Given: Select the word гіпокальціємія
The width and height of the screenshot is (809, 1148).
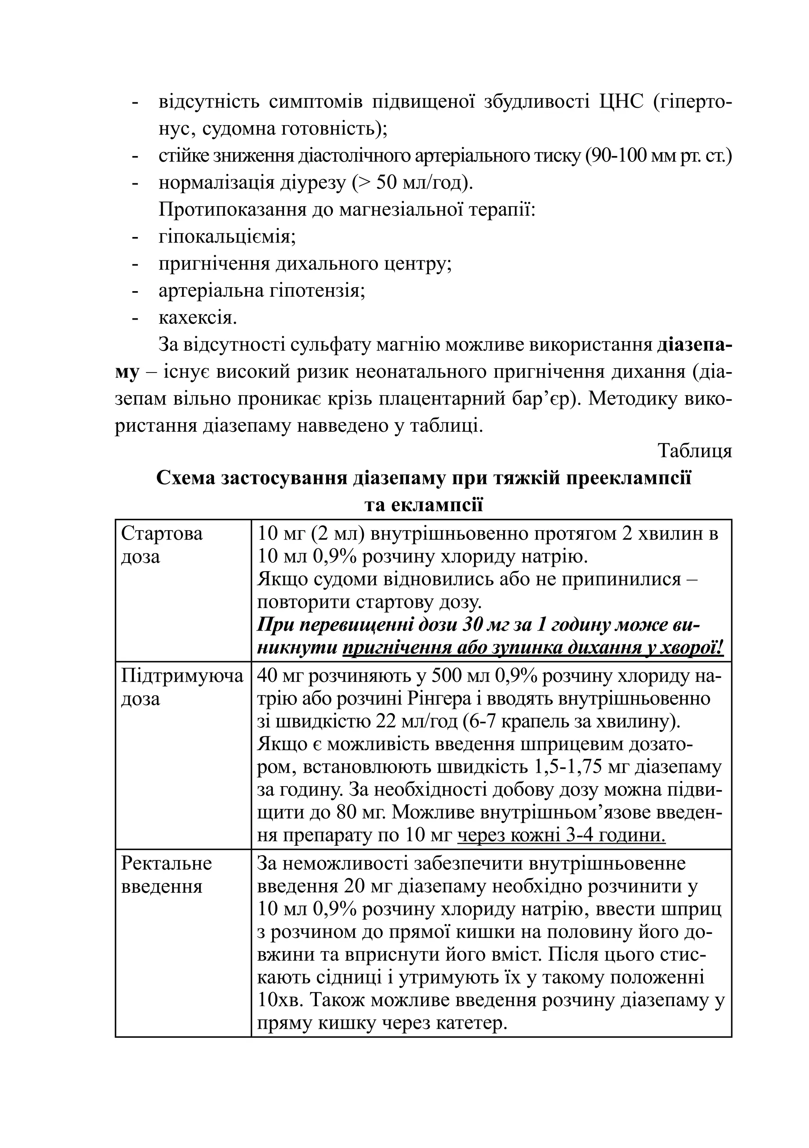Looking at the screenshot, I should [x=227, y=237].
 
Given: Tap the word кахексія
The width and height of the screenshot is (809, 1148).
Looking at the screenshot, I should [x=198, y=318].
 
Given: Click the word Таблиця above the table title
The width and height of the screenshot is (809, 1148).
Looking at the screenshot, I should [x=694, y=451].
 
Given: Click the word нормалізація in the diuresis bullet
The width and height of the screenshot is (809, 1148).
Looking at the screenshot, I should [x=209, y=183].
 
